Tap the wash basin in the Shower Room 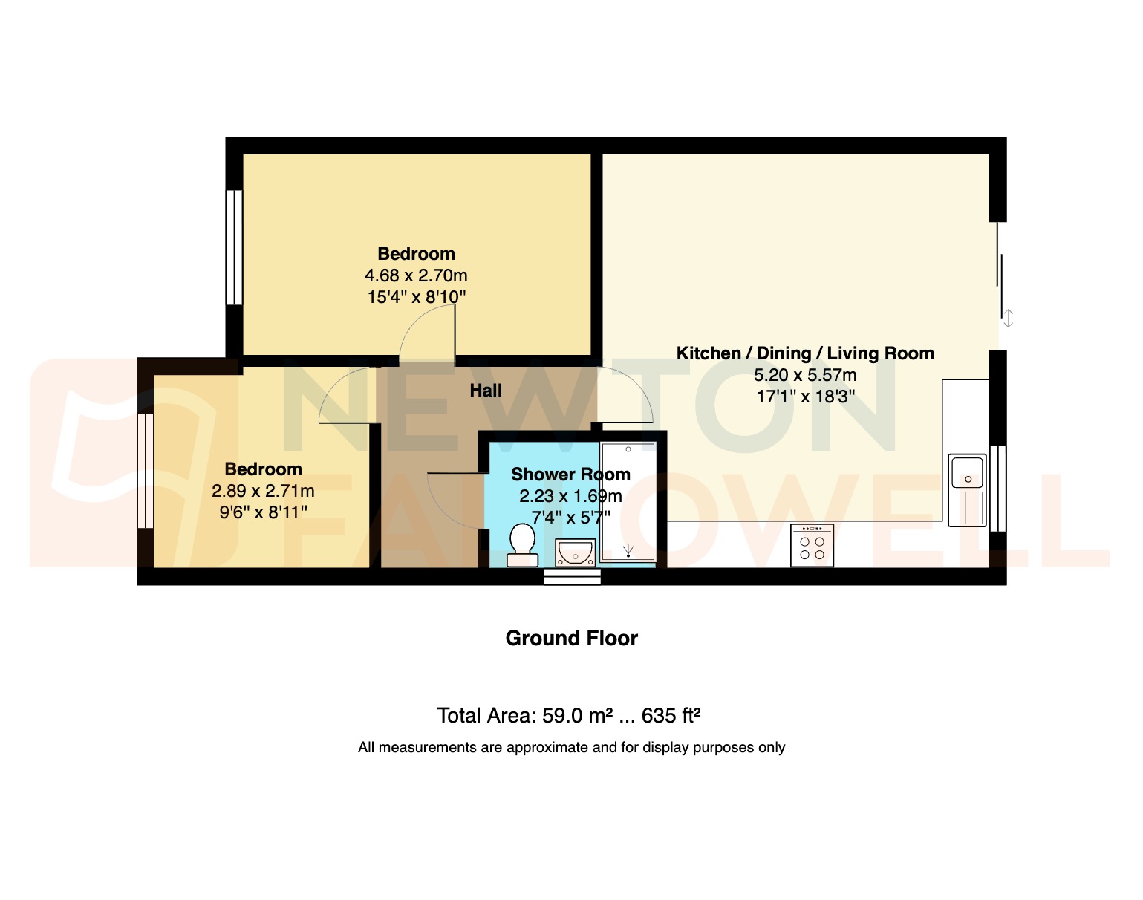[x=575, y=552]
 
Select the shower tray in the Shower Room [x=628, y=502]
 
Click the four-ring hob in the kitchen [x=812, y=546]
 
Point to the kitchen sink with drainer [x=968, y=490]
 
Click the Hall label [x=486, y=391]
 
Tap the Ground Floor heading [x=571, y=639]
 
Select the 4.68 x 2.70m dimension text [x=416, y=275]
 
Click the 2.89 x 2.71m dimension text [x=263, y=491]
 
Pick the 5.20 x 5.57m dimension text [x=805, y=375]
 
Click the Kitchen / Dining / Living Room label [x=805, y=353]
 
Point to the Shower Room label [x=570, y=475]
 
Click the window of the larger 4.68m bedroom [x=234, y=247]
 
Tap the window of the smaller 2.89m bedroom [x=145, y=471]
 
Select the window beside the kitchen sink [x=997, y=488]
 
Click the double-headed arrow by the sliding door [x=1008, y=319]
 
